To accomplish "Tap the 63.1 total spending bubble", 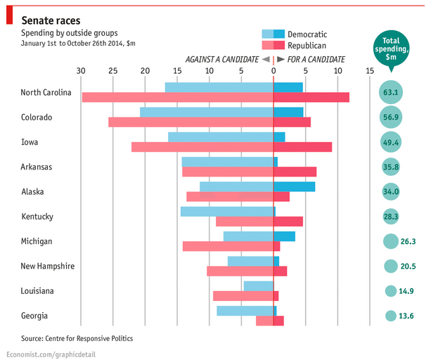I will [x=390, y=92].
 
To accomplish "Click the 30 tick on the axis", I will [x=81, y=71].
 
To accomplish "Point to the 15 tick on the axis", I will [x=369, y=71].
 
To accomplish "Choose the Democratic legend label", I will [x=307, y=34].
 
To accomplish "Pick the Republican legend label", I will [x=307, y=45].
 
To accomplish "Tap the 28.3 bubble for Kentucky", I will [x=390, y=217].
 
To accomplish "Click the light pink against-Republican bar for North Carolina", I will [x=177, y=97].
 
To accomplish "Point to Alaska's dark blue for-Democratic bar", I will [x=294, y=186].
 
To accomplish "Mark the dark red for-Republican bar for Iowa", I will [x=302, y=147].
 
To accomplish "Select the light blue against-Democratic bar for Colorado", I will [x=207, y=112].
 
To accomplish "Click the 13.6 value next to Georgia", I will [x=406, y=316].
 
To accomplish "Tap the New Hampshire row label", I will [x=48, y=266].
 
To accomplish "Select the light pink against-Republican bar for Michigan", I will [x=228, y=246].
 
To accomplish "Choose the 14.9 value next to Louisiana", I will [x=406, y=291].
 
